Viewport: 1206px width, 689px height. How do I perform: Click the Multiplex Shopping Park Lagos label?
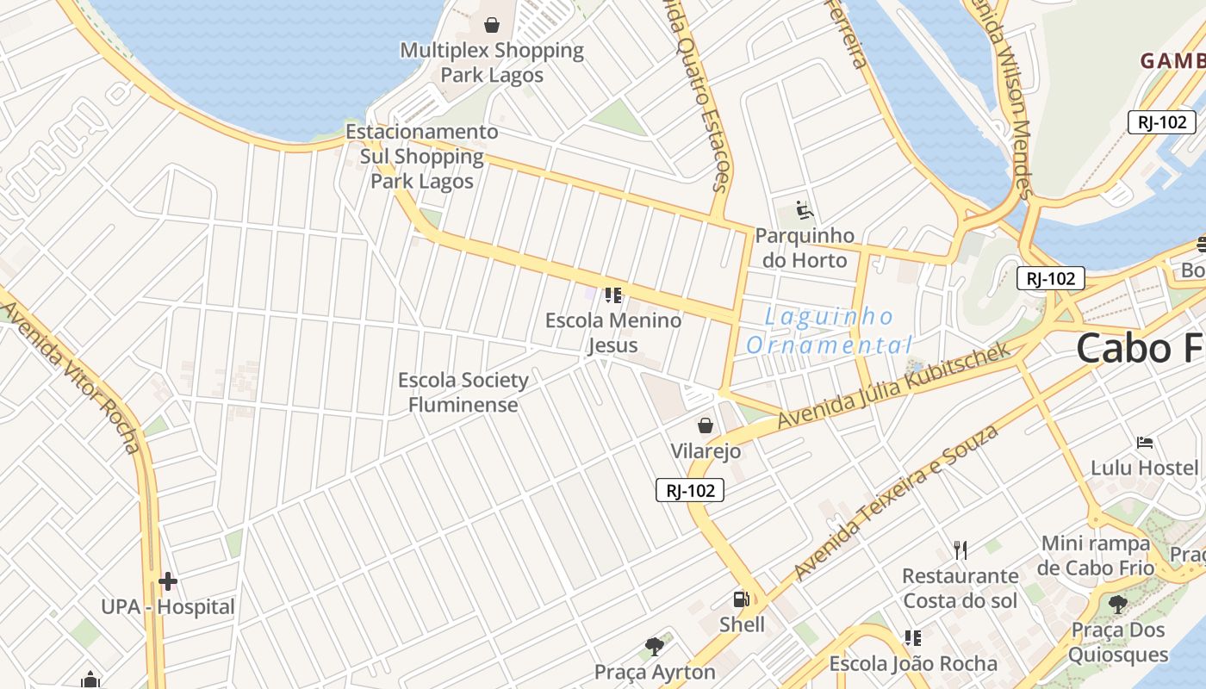(x=492, y=63)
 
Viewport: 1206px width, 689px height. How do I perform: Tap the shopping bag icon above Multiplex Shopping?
(x=492, y=25)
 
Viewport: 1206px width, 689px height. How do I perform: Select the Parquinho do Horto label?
(x=805, y=248)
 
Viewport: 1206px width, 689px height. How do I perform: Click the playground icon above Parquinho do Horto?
(x=805, y=210)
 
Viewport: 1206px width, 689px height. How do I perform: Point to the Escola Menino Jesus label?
(x=613, y=332)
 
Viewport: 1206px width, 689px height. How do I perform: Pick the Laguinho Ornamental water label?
(x=829, y=331)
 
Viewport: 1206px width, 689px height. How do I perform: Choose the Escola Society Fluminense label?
(x=463, y=392)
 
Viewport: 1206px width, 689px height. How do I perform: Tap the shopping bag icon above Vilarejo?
(x=706, y=425)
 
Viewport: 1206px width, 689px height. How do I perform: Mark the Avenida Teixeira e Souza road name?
(x=896, y=501)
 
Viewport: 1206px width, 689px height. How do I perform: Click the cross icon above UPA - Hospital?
(x=168, y=581)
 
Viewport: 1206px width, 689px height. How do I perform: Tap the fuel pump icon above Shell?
(x=741, y=599)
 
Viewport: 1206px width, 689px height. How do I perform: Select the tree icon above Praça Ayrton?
(x=655, y=646)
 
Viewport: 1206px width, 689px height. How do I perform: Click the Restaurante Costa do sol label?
(x=960, y=588)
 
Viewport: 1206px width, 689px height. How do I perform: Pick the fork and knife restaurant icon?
(x=960, y=550)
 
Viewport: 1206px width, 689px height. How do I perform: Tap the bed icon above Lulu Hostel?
(x=1145, y=443)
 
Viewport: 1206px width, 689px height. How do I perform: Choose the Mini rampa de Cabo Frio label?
(x=1096, y=556)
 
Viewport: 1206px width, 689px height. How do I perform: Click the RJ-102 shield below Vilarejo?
(x=690, y=490)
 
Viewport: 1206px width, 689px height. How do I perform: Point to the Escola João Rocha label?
(x=913, y=664)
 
